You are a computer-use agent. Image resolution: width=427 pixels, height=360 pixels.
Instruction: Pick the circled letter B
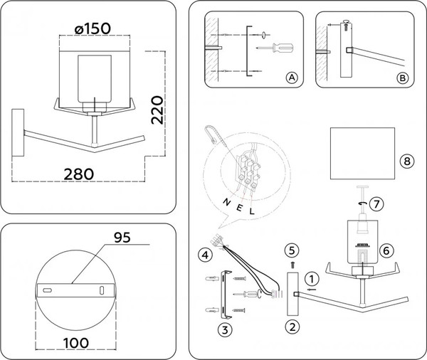pos(402,78)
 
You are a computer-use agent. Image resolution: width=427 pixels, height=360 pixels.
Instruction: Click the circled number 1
pos(310,278)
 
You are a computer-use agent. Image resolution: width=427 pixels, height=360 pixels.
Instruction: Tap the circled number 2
pos(290,327)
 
